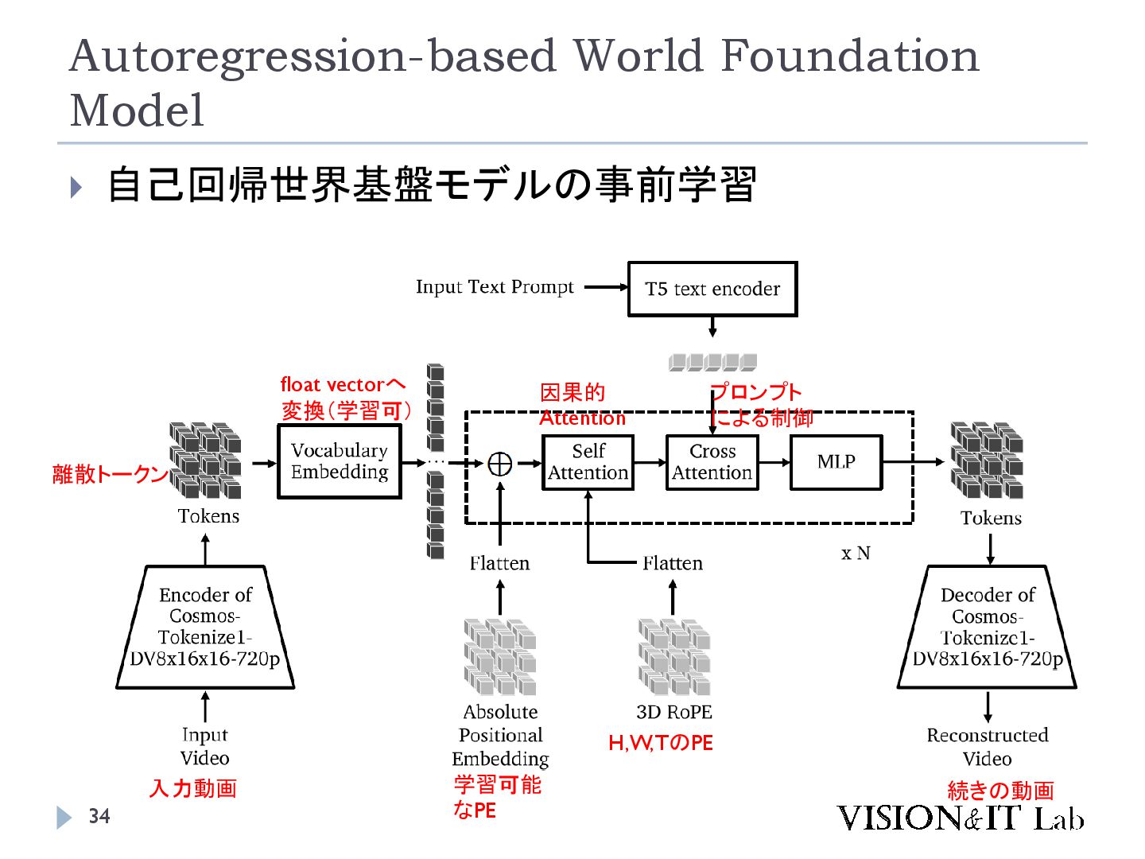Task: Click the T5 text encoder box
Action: pyautogui.click(x=712, y=289)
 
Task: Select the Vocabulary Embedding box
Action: pyautogui.click(x=339, y=461)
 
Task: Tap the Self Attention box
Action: pyautogui.click(x=588, y=462)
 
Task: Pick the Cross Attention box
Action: pyautogui.click(x=712, y=462)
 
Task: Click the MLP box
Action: pyautogui.click(x=836, y=462)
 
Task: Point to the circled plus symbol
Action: pyautogui.click(x=499, y=463)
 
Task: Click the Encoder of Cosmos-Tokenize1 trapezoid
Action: pyautogui.click(x=205, y=627)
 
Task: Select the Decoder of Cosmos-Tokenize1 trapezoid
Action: pyautogui.click(x=987, y=627)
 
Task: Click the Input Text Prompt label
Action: pyautogui.click(x=494, y=287)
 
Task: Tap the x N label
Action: pyautogui.click(x=856, y=553)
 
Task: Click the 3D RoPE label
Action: pyautogui.click(x=673, y=712)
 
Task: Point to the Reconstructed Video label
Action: pyautogui.click(x=987, y=746)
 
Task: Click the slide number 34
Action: pyautogui.click(x=99, y=816)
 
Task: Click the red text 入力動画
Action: pyautogui.click(x=193, y=788)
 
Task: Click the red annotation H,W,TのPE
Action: pyautogui.click(x=660, y=743)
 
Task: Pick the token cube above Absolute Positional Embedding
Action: pyautogui.click(x=499, y=657)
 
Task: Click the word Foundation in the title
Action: pyautogui.click(x=849, y=56)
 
